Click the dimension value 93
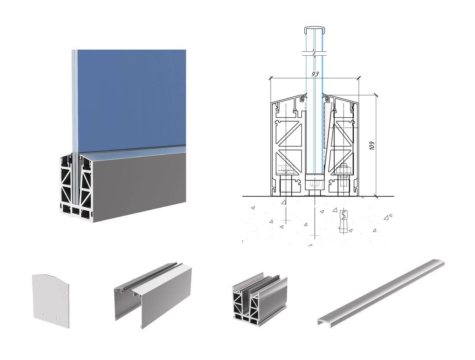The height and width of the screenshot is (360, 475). (x=315, y=74)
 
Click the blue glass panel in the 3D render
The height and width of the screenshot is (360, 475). (x=131, y=98)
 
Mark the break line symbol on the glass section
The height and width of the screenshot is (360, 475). (x=314, y=53)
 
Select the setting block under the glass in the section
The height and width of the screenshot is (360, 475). (x=314, y=183)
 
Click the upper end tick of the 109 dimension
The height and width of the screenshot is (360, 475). (x=376, y=95)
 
